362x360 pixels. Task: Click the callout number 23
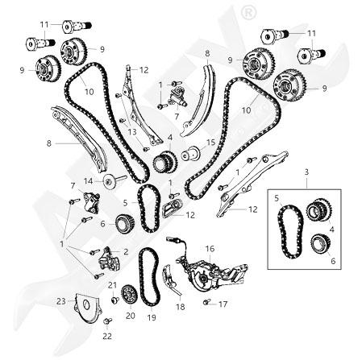point(61,301)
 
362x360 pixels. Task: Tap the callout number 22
point(107,336)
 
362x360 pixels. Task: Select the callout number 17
point(223,304)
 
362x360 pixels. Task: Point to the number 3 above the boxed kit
point(307,172)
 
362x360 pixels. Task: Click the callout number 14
point(88,181)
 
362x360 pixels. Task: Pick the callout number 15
point(211,142)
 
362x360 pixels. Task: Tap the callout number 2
point(126,252)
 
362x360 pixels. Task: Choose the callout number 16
point(210,249)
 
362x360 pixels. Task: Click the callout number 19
point(152,317)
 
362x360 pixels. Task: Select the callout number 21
point(112,285)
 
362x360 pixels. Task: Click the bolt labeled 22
point(108,321)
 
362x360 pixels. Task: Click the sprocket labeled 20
point(129,295)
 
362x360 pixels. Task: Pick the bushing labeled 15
point(191,154)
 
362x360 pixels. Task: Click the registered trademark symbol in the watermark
point(249,12)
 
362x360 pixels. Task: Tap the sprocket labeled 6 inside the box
point(320,243)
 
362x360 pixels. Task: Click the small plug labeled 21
point(115,300)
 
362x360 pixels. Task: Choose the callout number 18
point(181,307)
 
